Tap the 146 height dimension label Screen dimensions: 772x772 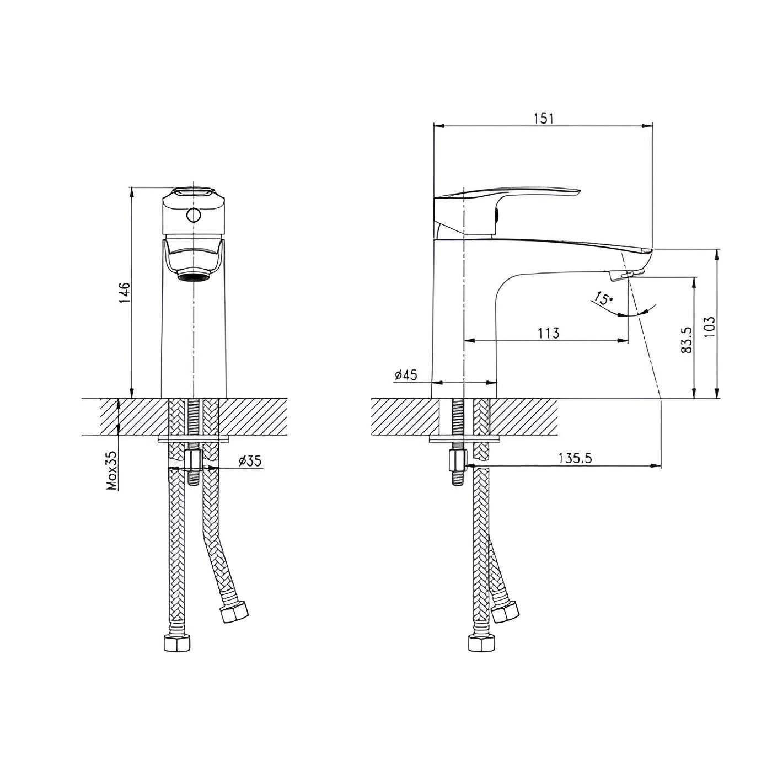125,293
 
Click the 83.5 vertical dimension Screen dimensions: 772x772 686,340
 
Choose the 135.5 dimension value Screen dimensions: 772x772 575,458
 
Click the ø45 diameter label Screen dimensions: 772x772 406,374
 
